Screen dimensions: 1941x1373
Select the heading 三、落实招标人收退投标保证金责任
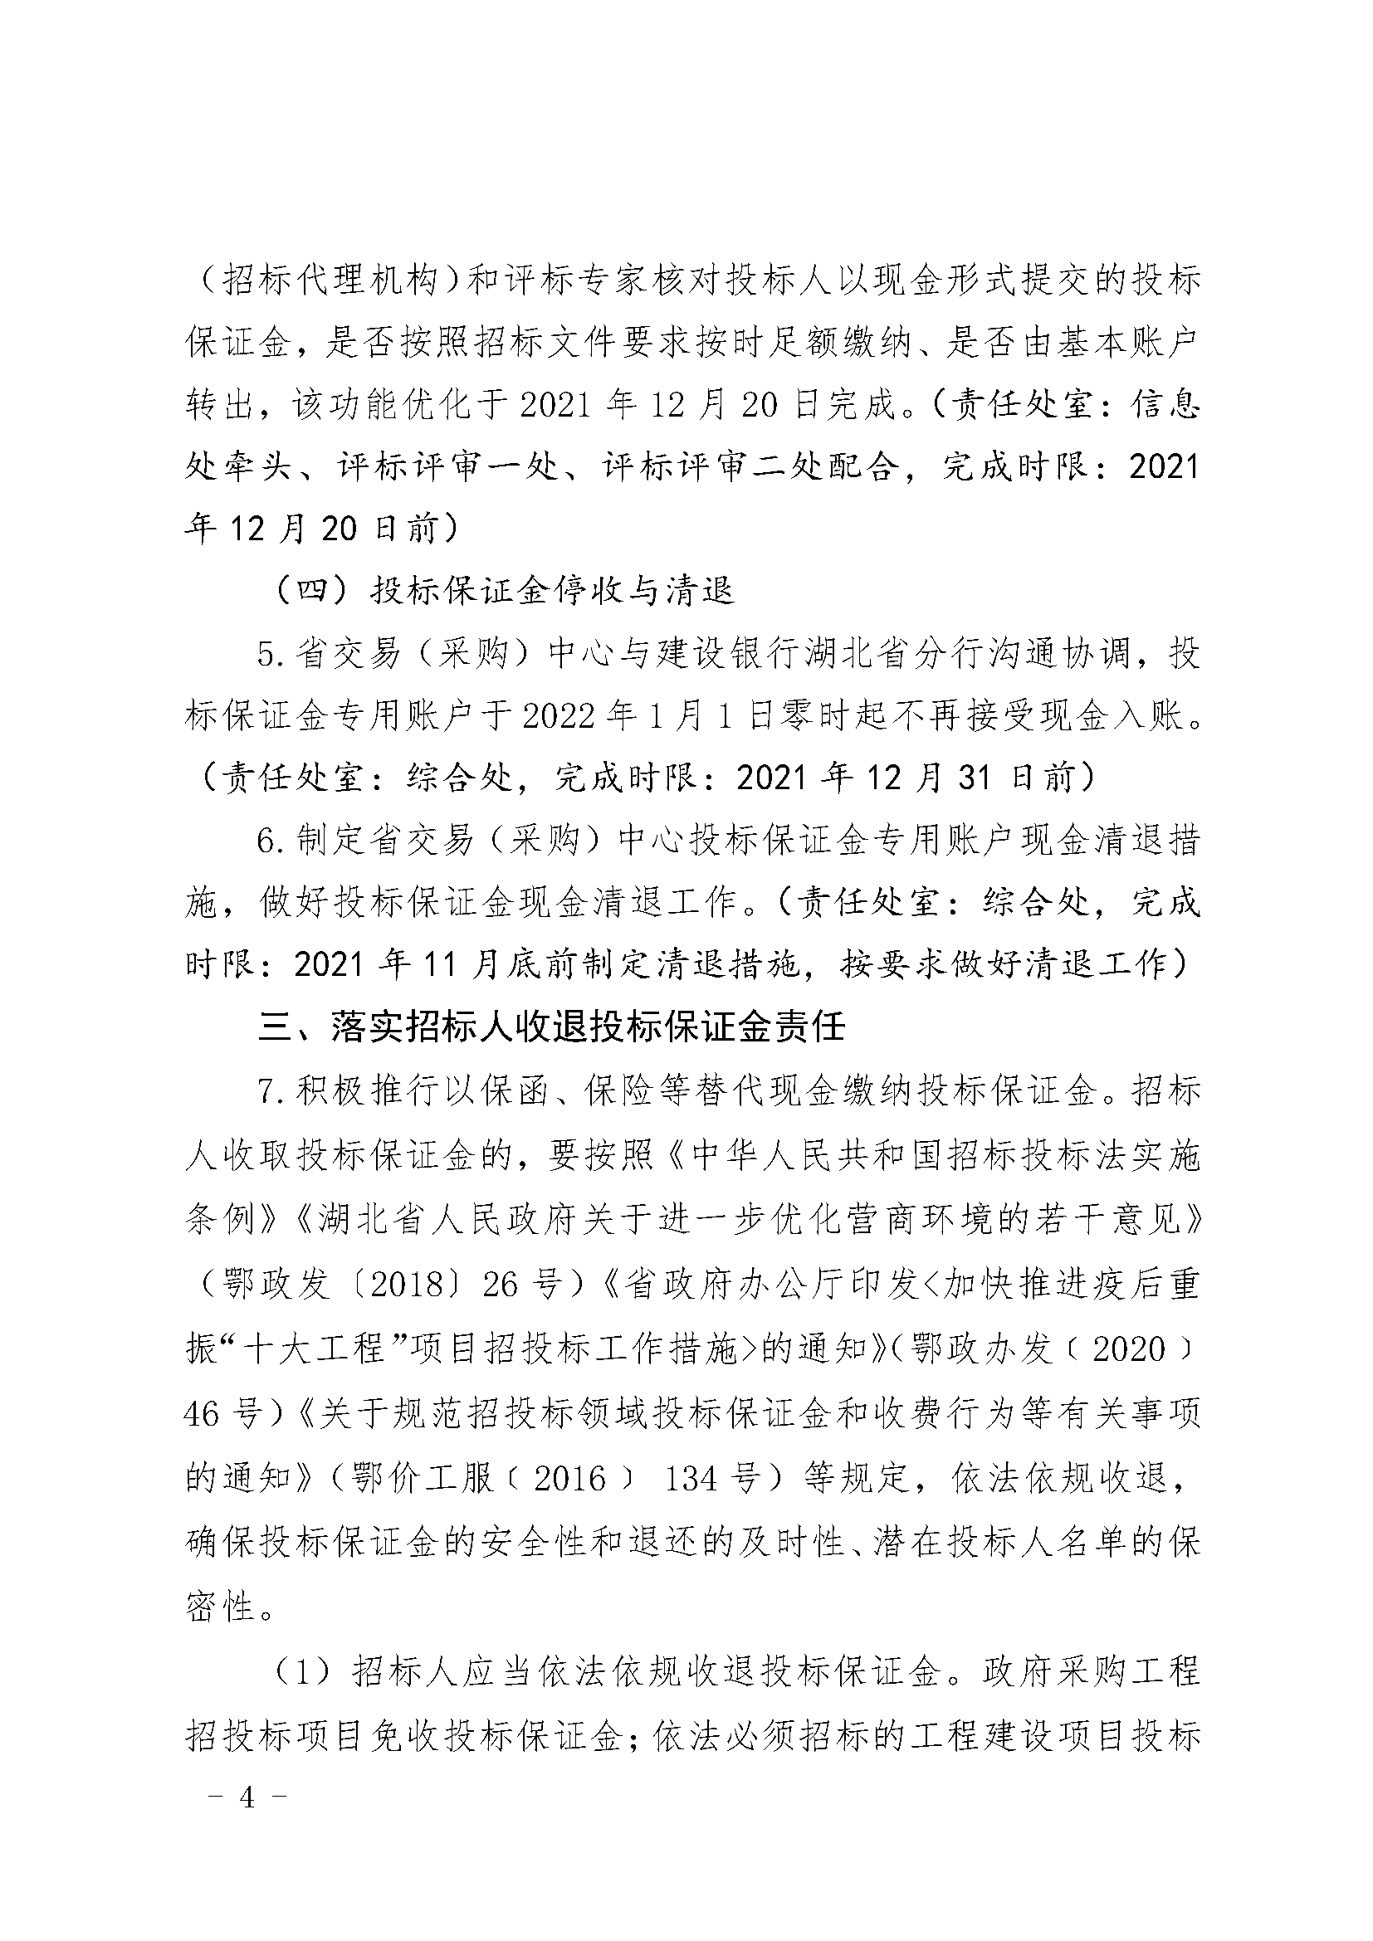551,1027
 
